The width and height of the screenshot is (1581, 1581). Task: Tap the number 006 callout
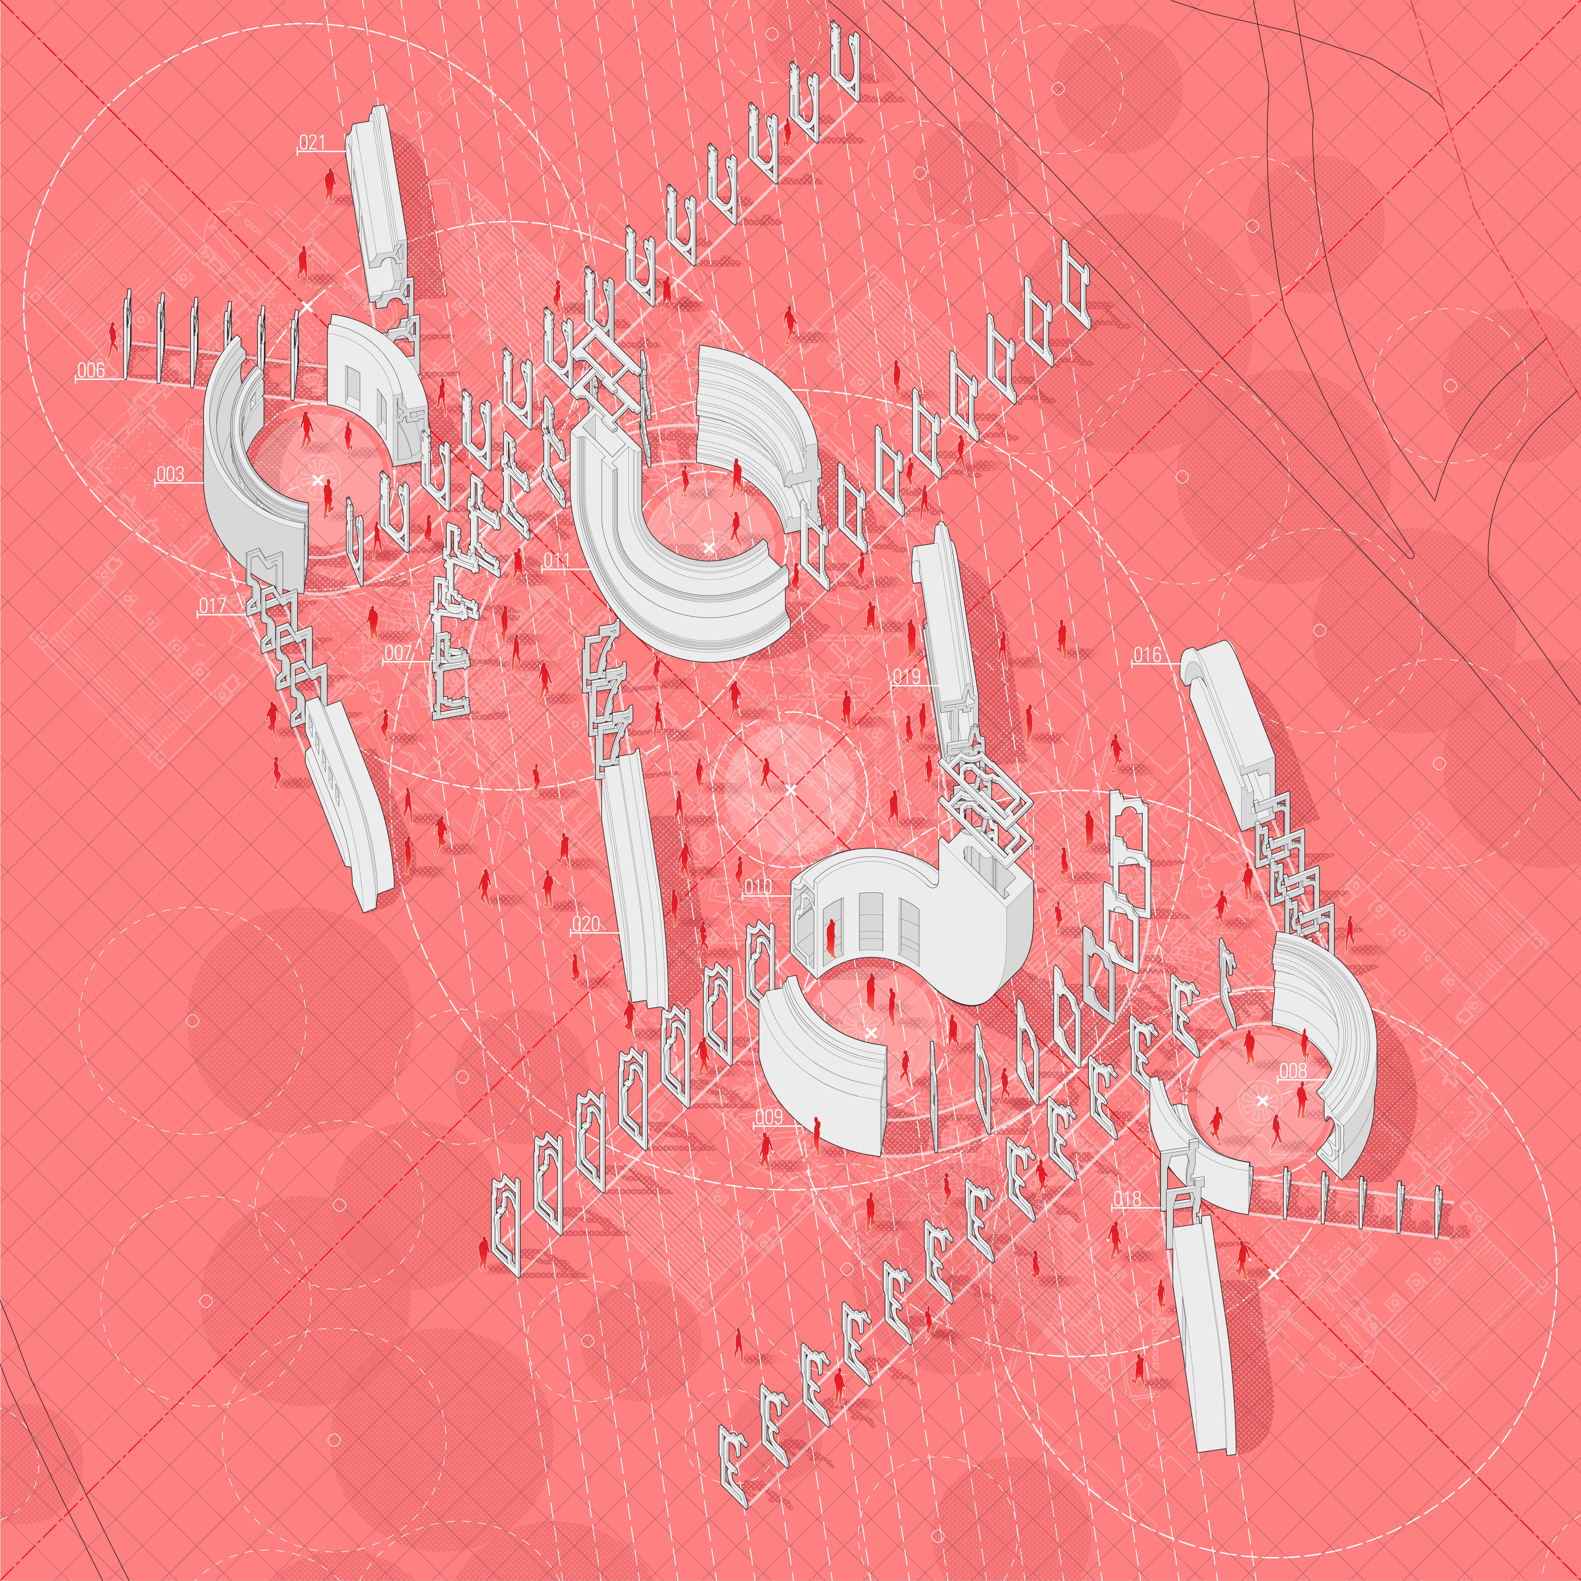coord(91,370)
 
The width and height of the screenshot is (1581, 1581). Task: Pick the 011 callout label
coord(556,560)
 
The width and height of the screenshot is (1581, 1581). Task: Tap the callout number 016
coord(1147,655)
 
